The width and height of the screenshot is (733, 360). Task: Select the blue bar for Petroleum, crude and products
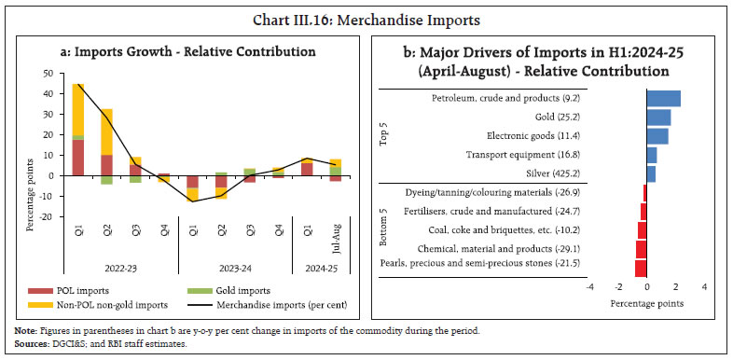[663, 98]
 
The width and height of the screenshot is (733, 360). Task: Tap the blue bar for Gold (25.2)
[658, 117]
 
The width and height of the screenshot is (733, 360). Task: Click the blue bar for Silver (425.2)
[651, 173]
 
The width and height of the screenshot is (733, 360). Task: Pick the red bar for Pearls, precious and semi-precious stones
[641, 269]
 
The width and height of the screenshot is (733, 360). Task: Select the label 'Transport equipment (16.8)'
[571, 155]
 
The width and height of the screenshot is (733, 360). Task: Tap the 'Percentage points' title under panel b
[646, 303]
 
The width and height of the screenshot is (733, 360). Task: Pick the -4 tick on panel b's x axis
[589, 287]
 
